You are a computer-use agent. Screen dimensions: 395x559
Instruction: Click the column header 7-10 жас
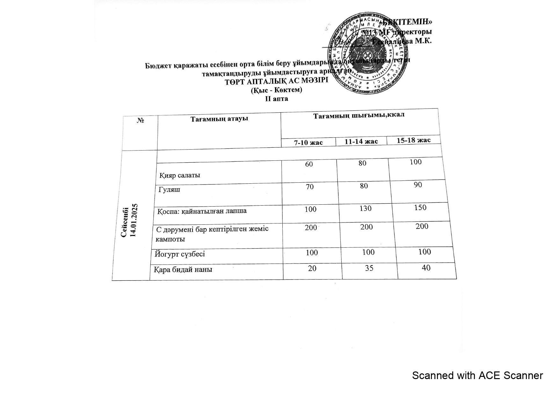tap(308, 142)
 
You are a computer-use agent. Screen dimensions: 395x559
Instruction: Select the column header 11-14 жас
tap(361, 141)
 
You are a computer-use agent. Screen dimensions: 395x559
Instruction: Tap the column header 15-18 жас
tap(413, 140)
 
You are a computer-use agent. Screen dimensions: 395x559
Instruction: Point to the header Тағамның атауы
tap(219, 119)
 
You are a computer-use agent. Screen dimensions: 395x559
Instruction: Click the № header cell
tap(140, 121)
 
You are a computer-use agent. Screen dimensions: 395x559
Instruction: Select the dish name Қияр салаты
tap(180, 175)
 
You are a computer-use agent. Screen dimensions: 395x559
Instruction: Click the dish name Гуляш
tap(169, 190)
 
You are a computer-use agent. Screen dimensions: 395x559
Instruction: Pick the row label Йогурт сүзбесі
tap(180, 254)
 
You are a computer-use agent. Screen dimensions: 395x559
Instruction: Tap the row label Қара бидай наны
tap(183, 270)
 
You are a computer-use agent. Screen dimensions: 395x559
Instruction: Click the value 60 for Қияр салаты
tap(309, 164)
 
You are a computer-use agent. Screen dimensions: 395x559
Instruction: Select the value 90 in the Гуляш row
tap(418, 185)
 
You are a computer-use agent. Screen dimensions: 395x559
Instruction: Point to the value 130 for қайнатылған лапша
tap(365, 208)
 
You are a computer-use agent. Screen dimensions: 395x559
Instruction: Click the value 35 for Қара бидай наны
tap(369, 268)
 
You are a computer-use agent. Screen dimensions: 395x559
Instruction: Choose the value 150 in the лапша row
tap(420, 208)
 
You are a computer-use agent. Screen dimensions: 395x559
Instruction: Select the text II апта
tap(277, 99)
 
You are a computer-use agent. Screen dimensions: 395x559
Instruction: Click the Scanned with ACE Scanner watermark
tap(477, 376)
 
